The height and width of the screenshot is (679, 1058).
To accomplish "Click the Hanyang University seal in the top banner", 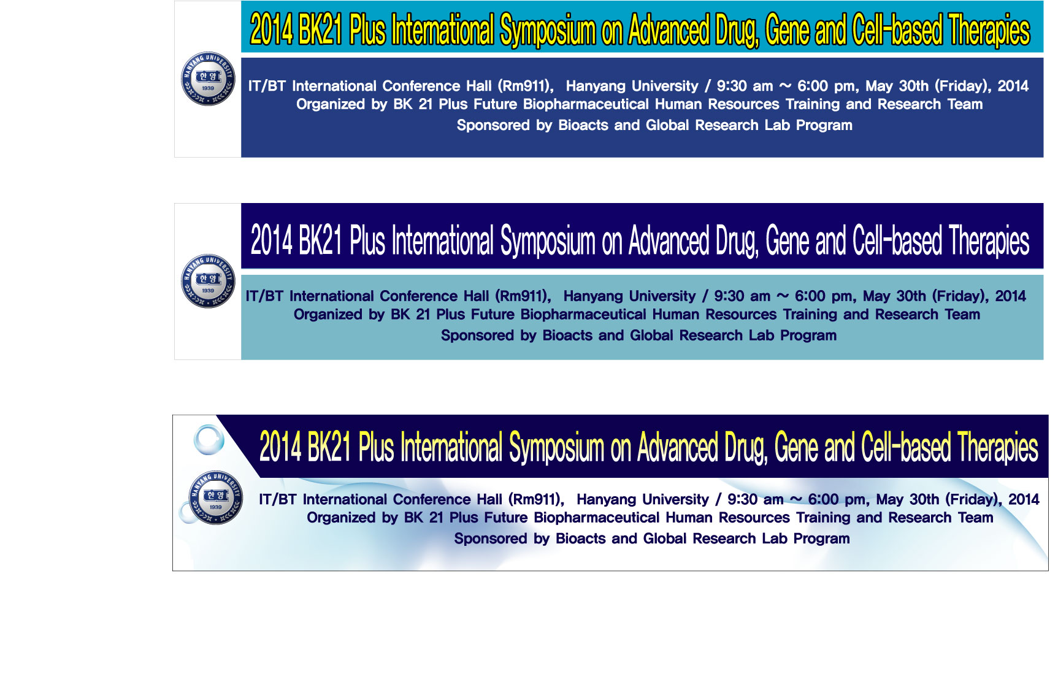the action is [x=208, y=79].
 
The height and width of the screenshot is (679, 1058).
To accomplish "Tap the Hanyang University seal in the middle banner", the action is [x=208, y=281].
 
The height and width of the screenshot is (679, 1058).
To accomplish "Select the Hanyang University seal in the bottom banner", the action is [x=215, y=497].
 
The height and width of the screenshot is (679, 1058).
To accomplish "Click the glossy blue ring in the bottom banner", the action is [x=209, y=439].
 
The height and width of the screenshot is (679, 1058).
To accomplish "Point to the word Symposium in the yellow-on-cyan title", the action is [x=548, y=31].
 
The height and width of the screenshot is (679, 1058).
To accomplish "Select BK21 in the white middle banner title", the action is [x=320, y=240].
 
